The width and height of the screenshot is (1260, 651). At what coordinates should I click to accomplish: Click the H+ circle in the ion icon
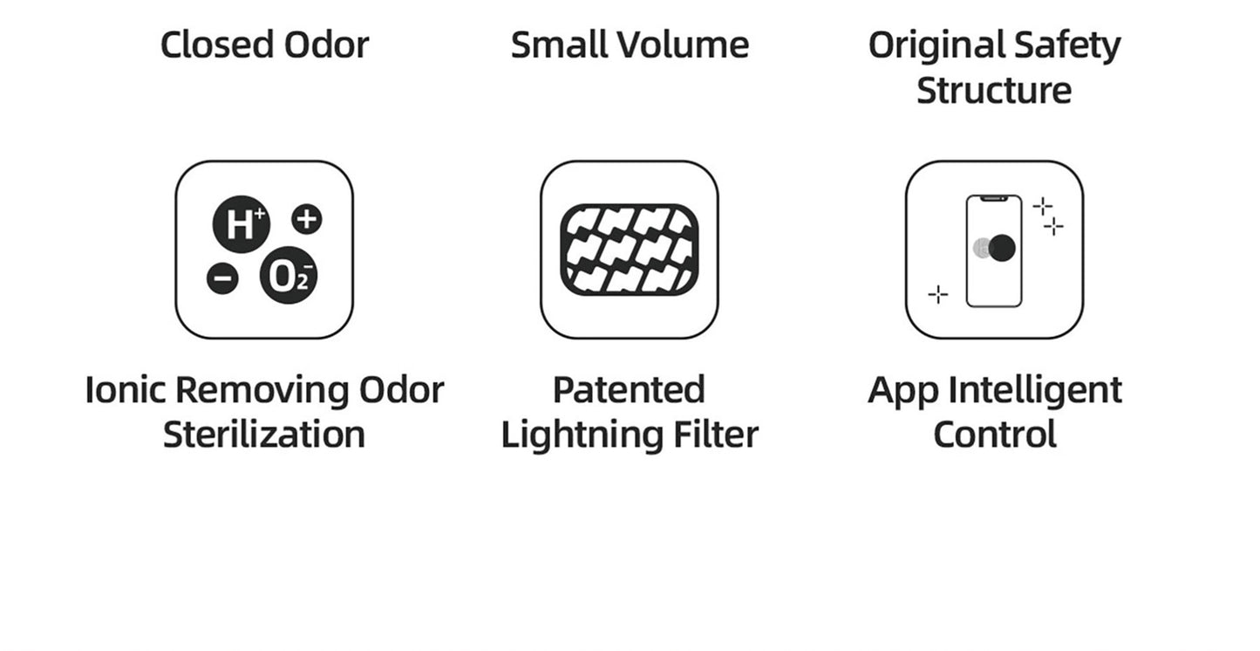(x=241, y=224)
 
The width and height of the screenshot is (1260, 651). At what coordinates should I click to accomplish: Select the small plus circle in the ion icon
(x=306, y=218)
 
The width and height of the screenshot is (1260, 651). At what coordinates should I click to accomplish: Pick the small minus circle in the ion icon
(x=222, y=278)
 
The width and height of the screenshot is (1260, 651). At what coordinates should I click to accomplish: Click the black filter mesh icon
(x=630, y=249)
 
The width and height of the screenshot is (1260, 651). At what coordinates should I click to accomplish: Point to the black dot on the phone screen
(x=1002, y=247)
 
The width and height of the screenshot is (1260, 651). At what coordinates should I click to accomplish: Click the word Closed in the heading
(x=206, y=45)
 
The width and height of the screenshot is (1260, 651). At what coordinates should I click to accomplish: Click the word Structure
(x=994, y=91)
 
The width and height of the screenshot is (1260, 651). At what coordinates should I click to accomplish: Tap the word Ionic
(x=126, y=390)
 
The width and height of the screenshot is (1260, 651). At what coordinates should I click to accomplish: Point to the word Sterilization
(x=264, y=435)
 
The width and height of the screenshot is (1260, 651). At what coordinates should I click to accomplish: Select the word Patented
(x=629, y=390)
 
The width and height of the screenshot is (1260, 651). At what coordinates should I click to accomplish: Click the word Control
(x=995, y=435)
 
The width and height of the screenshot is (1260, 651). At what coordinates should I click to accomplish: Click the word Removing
(x=263, y=390)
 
